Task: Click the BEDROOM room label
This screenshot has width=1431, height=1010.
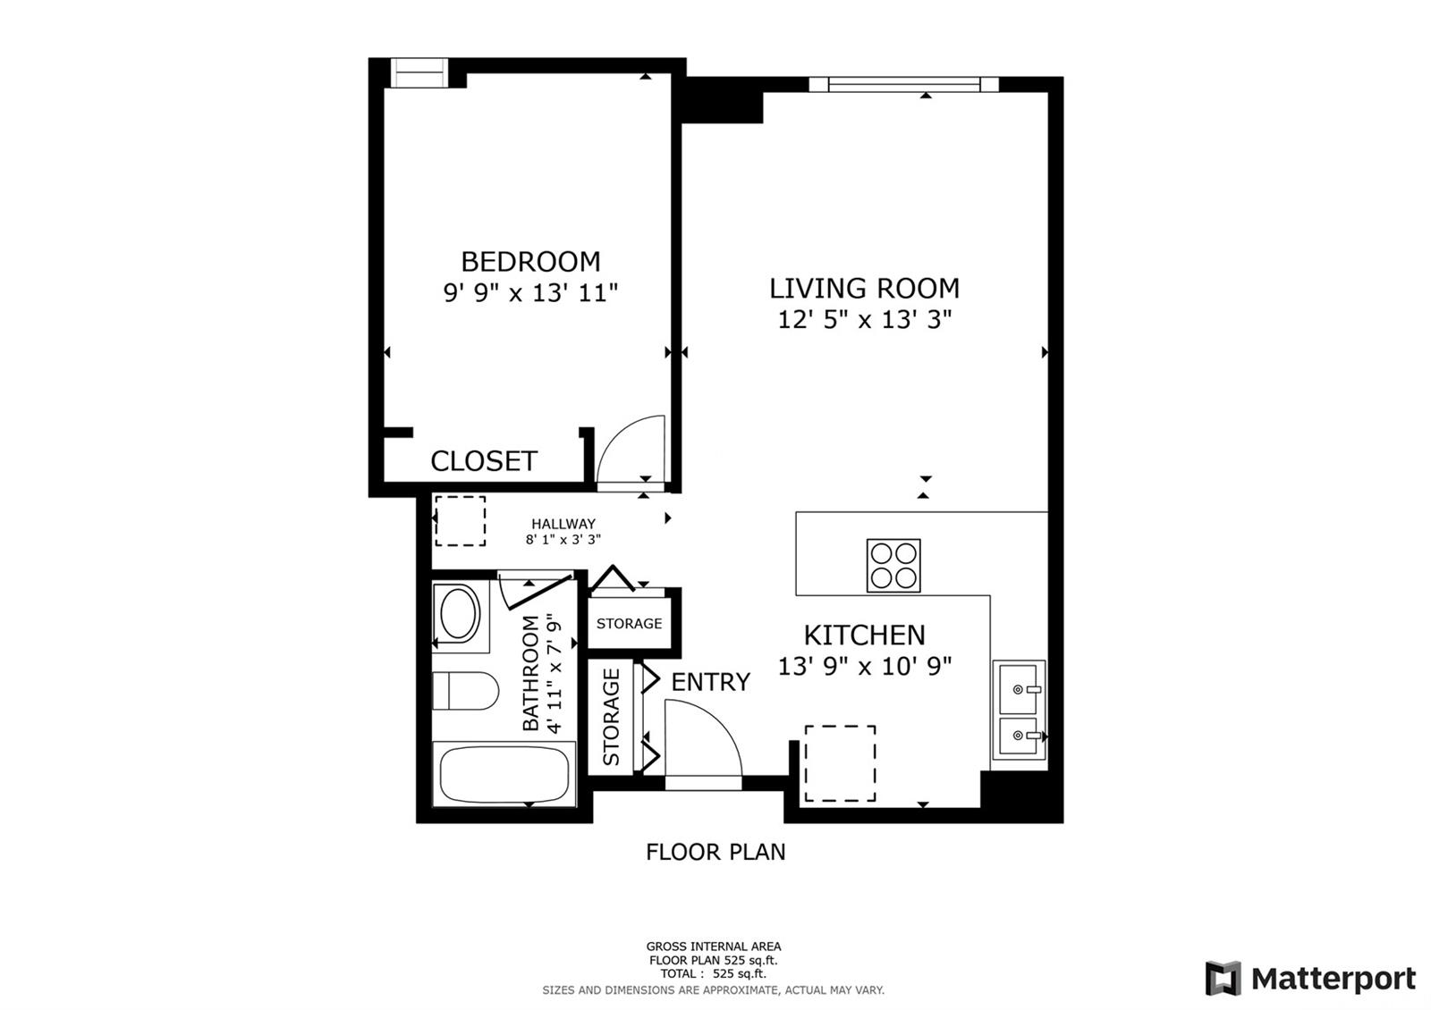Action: pos(530,262)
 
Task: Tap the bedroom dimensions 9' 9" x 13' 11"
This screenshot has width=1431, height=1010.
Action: pos(530,293)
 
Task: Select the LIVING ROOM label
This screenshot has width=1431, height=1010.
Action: pos(864,289)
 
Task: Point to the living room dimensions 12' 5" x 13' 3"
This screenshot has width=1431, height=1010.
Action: pos(864,320)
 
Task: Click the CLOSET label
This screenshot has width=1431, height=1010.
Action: pos(483,461)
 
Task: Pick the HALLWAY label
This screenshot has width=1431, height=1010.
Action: pos(563,524)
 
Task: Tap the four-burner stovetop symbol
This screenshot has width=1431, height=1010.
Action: pos(893,565)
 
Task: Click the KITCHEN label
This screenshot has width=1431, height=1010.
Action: pos(864,635)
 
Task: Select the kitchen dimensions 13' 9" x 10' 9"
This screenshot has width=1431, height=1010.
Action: pos(864,667)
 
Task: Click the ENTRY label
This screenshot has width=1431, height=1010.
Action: pos(710,682)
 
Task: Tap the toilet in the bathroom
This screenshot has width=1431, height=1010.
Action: pos(464,691)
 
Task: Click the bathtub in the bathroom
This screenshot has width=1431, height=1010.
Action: pos(505,774)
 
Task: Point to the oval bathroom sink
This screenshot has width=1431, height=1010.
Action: pos(460,614)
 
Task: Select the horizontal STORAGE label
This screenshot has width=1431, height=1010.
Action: pos(629,624)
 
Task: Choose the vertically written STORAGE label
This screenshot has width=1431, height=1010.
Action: pos(612,718)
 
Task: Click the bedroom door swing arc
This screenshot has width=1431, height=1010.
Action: pos(631,450)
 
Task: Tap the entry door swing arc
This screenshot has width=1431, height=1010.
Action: pos(704,738)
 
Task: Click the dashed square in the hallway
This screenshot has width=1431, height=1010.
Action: pos(460,521)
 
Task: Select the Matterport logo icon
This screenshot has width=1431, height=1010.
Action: pos(1223,979)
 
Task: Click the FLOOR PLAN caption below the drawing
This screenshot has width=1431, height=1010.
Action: pos(715,852)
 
